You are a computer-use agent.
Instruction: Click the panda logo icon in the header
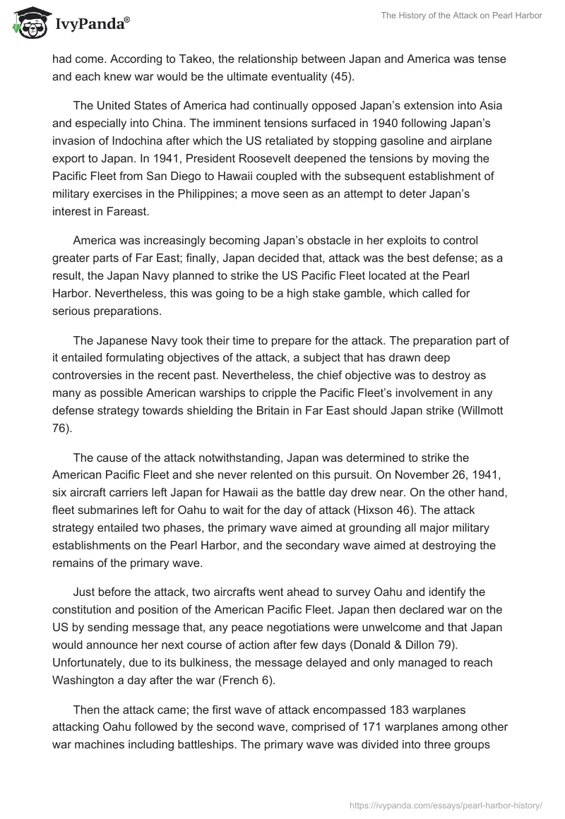[x=29, y=23]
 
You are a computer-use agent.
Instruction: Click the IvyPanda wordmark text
[x=92, y=25]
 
